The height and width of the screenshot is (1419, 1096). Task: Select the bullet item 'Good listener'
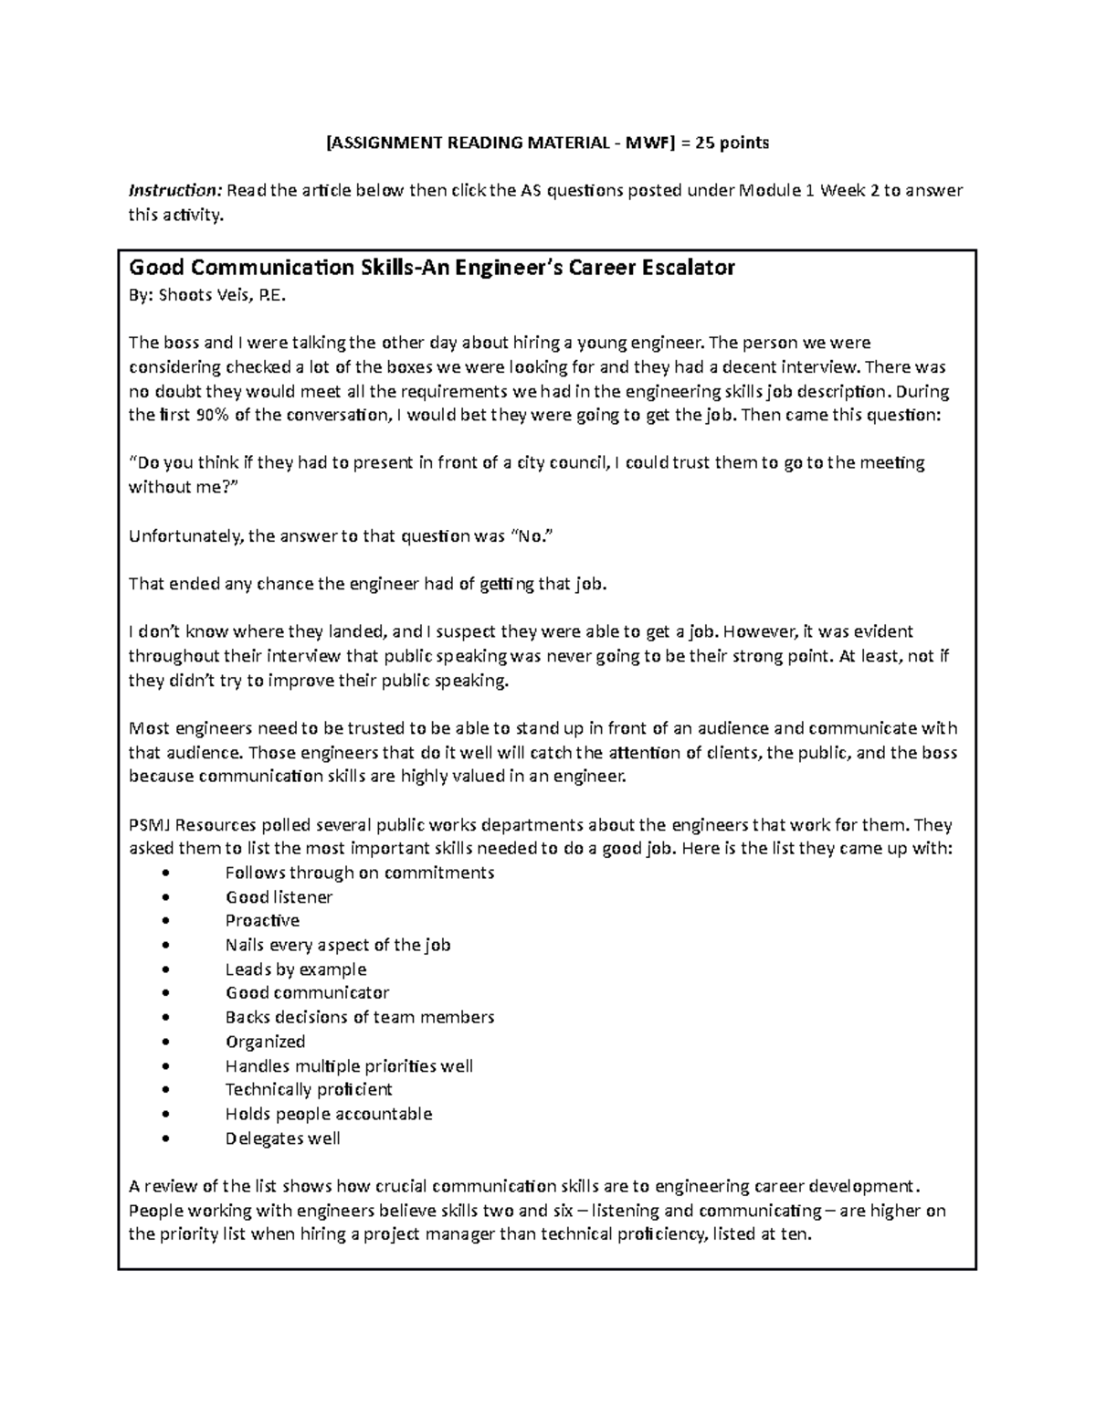[x=279, y=897]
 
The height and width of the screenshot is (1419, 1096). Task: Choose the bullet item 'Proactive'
[x=262, y=921]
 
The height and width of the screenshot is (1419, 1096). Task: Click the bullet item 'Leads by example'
[x=295, y=969]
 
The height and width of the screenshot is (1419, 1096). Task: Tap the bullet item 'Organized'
[x=265, y=1042]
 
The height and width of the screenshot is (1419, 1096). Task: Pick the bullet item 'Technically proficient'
[x=308, y=1089]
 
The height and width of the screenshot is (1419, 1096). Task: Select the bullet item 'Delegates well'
[x=282, y=1138]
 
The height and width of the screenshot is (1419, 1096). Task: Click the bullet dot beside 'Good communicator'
[x=164, y=993]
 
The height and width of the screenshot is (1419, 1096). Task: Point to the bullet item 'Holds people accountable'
[x=328, y=1114]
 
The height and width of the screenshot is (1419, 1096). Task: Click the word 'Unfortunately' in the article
[x=184, y=536]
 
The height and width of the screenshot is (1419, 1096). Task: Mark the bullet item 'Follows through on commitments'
[x=359, y=873]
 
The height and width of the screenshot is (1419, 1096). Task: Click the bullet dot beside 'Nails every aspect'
[x=164, y=946]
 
